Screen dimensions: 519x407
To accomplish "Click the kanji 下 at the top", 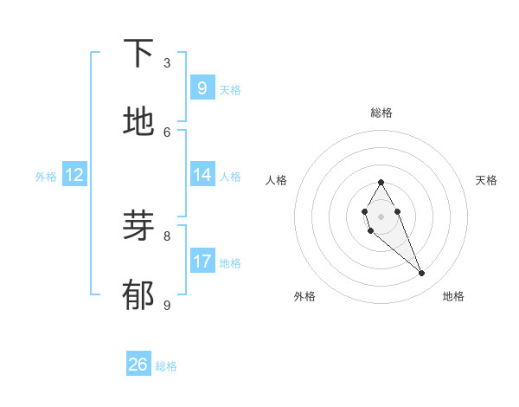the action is (x=138, y=54).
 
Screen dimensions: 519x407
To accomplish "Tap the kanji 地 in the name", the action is (x=138, y=122).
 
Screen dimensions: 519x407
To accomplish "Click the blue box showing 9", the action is (x=202, y=87).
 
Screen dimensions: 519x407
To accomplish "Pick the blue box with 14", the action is (x=202, y=175).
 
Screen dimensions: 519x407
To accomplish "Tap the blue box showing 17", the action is (x=202, y=261).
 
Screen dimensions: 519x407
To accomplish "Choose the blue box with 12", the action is (x=74, y=175).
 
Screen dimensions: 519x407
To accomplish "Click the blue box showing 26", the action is (x=138, y=365).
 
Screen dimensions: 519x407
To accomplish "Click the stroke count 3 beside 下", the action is (x=167, y=63).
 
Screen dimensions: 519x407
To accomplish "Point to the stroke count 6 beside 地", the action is (x=167, y=132).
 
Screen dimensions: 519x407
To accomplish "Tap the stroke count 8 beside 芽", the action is (x=167, y=236).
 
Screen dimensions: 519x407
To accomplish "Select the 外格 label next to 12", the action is (x=46, y=177).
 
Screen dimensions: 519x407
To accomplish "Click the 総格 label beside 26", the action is (x=166, y=366).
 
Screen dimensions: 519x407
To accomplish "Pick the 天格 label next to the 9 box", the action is (x=230, y=90).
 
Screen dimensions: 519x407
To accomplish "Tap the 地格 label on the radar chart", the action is (x=453, y=296).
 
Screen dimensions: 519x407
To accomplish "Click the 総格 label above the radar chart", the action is (x=381, y=113).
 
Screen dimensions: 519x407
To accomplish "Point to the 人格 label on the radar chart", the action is (x=277, y=180).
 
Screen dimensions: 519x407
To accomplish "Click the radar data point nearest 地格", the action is (x=422, y=274).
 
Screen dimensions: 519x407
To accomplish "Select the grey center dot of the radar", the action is (x=381, y=216).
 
